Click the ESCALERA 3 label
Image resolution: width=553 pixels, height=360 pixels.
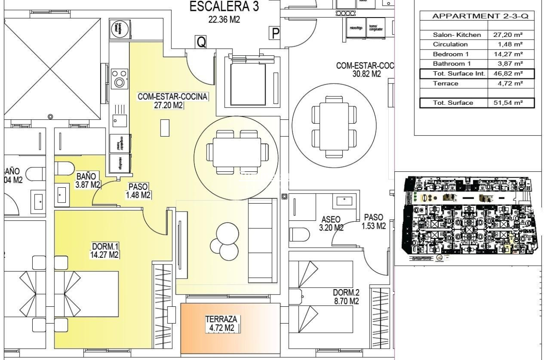tap(224, 12)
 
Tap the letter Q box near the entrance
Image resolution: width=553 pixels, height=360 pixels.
tap(201, 42)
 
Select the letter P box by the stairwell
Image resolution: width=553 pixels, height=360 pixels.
tap(275, 33)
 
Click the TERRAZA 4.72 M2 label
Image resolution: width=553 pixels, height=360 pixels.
tap(222, 323)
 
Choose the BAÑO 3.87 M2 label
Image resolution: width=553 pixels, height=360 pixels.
tap(88, 181)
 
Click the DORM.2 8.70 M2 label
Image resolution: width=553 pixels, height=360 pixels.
tap(346, 296)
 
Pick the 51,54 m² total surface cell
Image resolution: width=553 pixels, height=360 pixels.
tap(511, 103)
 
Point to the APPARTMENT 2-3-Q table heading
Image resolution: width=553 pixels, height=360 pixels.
tap(477, 16)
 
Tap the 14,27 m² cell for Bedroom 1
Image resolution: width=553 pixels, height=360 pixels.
tap(511, 54)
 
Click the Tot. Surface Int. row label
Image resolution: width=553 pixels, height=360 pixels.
tap(454, 74)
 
